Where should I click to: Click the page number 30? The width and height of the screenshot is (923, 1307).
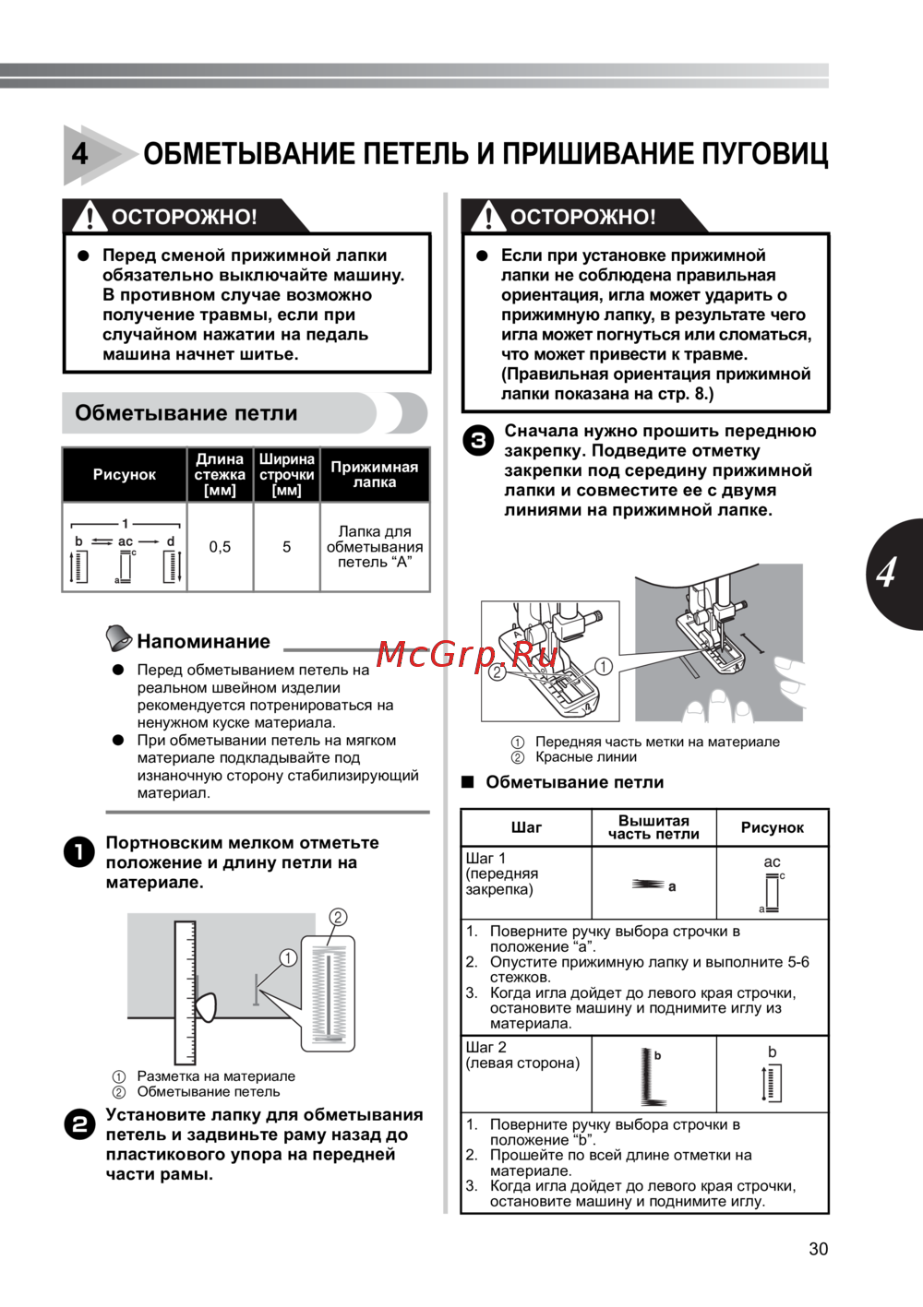point(818,1249)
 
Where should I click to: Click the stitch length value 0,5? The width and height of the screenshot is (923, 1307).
point(220,547)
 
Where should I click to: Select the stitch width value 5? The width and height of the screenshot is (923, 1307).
point(286,547)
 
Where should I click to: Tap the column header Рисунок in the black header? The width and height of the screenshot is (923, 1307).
point(125,475)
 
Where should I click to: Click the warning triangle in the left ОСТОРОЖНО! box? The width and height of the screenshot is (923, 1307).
point(90,216)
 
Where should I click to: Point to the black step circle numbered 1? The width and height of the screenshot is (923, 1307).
point(79,851)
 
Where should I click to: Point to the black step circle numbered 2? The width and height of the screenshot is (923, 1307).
point(79,1124)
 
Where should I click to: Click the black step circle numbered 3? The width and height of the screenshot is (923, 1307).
point(478,441)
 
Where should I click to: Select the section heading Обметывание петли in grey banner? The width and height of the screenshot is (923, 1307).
point(186,413)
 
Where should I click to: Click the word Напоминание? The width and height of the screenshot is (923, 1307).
point(203,642)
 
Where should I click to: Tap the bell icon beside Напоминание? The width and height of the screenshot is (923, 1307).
point(118,637)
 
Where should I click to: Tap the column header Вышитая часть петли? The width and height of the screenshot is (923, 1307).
point(653,827)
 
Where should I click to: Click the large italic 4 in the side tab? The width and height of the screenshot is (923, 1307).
point(887,573)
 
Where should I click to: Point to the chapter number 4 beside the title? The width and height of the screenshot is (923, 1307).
point(81,153)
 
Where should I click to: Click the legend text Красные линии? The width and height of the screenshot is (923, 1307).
point(586,757)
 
